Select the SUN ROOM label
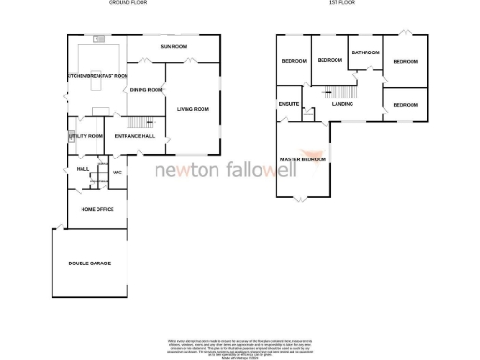[x=173, y=46]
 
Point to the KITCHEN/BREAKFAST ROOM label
[x=97, y=75]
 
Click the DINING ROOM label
[x=145, y=90]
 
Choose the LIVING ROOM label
[x=192, y=109]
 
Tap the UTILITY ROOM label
[x=86, y=136]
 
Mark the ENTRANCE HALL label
[x=133, y=137]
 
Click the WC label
[x=118, y=172]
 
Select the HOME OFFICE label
[x=97, y=209]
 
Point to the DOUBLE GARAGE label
[x=89, y=263]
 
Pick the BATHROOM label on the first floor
[x=365, y=52]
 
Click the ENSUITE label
[x=289, y=104]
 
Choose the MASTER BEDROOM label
[x=304, y=159]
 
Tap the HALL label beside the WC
[x=82, y=169]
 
